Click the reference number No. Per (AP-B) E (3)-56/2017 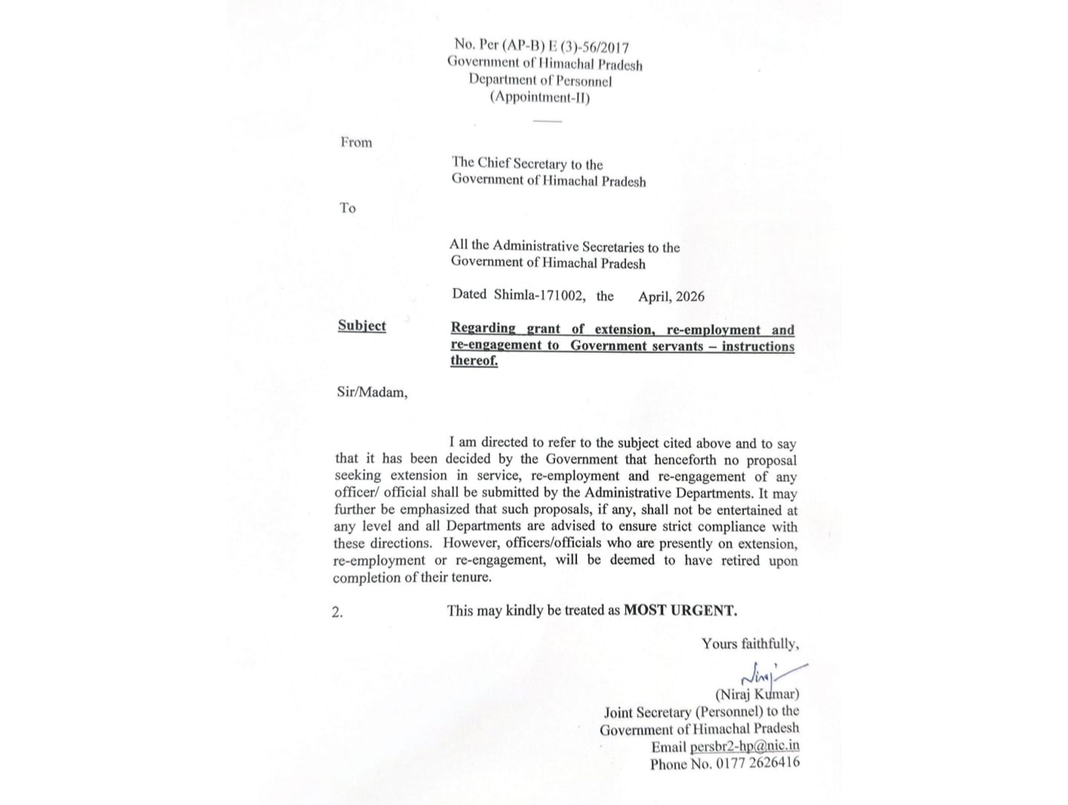click(x=541, y=46)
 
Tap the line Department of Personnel click(x=540, y=80)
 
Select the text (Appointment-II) click(x=540, y=97)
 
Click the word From click(x=356, y=143)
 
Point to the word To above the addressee click(x=347, y=209)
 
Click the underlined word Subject click(x=361, y=326)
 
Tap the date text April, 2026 click(x=671, y=296)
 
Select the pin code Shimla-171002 click(x=539, y=296)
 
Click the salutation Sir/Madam click(x=372, y=392)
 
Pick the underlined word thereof click(x=473, y=361)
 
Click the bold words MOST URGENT click(x=680, y=610)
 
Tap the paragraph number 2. click(x=337, y=613)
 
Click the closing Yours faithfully click(x=750, y=644)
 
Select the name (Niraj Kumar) click(x=757, y=694)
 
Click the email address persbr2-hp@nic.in click(x=744, y=746)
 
